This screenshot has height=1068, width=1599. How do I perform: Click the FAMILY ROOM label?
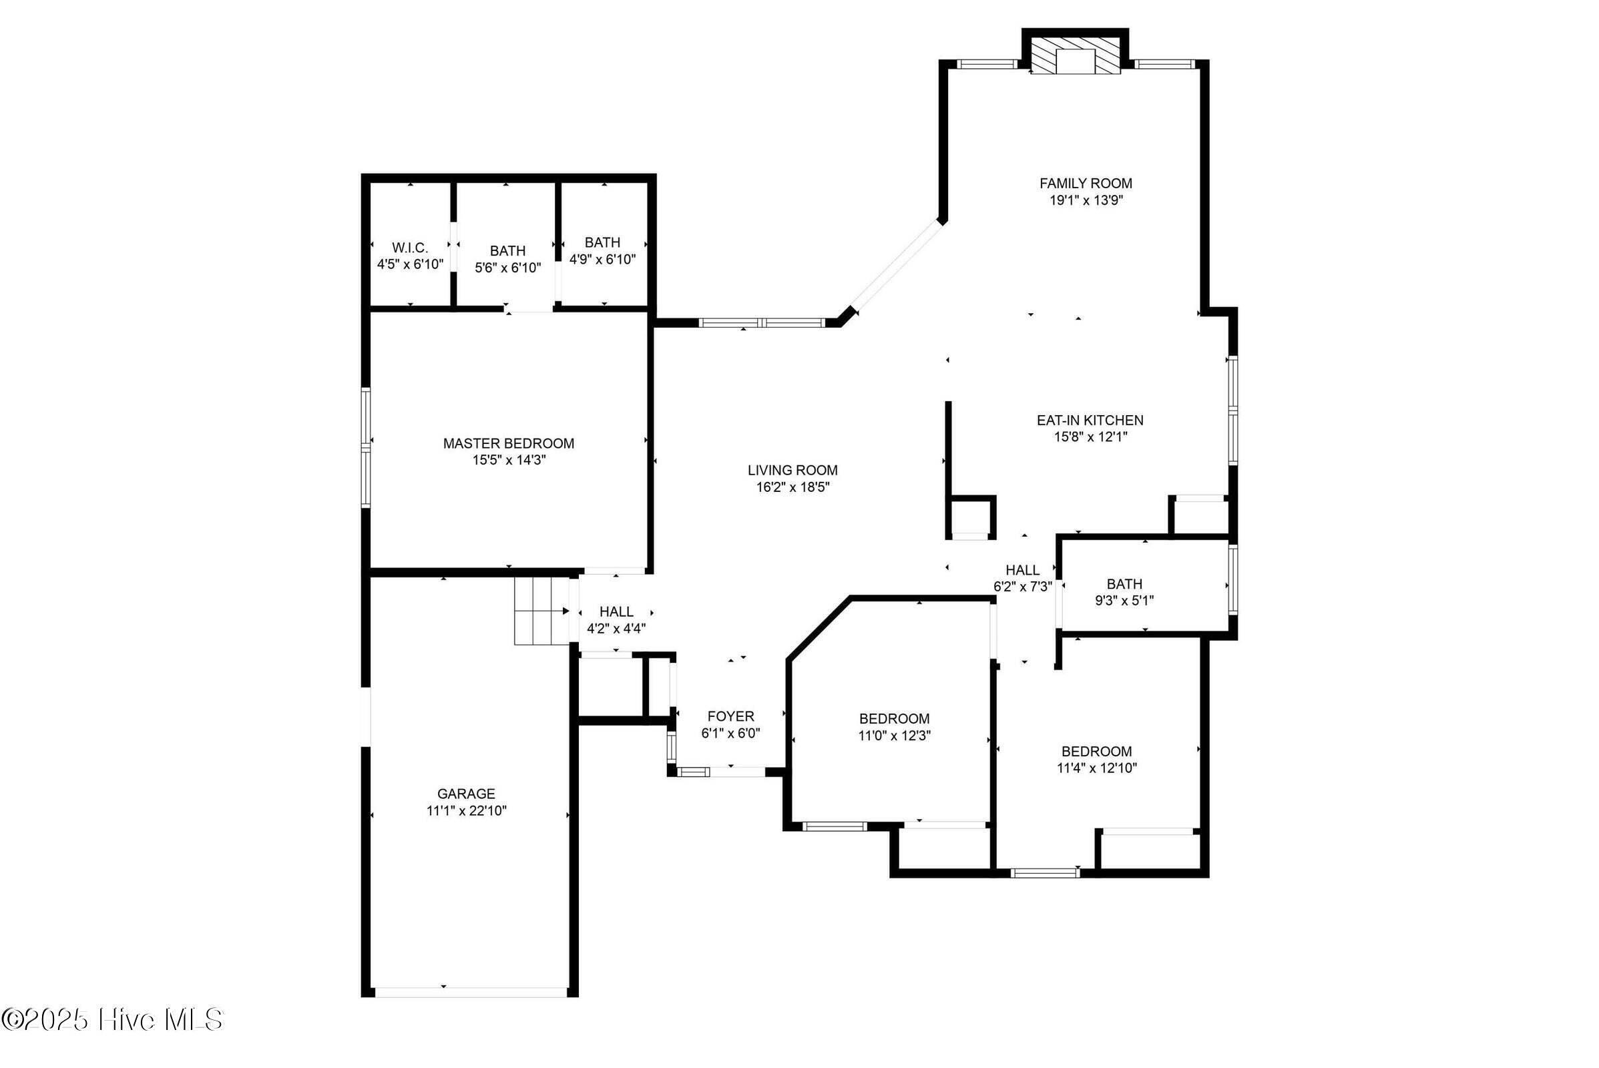[x=1086, y=183]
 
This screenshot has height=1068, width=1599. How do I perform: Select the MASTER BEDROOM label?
[x=508, y=443]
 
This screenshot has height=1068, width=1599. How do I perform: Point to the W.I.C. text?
[x=409, y=248]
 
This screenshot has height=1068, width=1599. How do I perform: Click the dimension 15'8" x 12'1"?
[x=1090, y=437]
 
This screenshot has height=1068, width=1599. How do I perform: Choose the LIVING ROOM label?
[x=792, y=470]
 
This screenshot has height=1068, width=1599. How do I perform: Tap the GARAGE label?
[x=466, y=794]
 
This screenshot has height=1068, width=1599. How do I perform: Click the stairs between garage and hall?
[x=541, y=610]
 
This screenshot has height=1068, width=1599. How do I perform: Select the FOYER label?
[x=730, y=716]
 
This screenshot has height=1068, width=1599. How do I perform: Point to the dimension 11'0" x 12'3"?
[x=894, y=736]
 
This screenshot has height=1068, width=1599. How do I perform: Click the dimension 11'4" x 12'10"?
[x=1096, y=768]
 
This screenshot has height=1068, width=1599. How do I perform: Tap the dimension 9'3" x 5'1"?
[x=1124, y=601]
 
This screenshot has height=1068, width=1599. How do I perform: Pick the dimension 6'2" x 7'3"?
[x=1023, y=587]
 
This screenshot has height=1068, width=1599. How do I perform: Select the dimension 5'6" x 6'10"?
[x=507, y=268]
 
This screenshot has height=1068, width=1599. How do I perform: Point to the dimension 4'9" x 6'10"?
[x=602, y=260]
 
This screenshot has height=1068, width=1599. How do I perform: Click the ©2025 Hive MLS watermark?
[x=112, y=1020]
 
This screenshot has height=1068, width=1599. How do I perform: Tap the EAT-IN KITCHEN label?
[x=1090, y=421]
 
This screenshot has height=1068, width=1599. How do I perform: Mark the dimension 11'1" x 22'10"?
[x=466, y=810]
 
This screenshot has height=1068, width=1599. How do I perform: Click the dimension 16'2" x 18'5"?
[x=792, y=487]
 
